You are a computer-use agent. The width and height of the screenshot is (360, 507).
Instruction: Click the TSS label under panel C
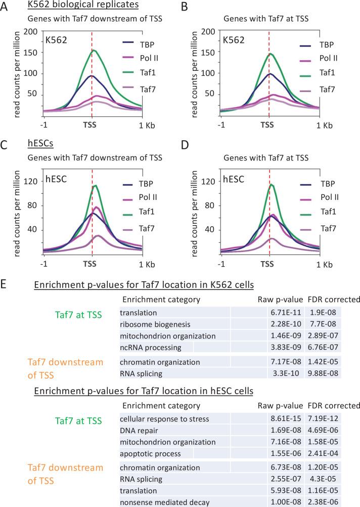[x=90, y=264]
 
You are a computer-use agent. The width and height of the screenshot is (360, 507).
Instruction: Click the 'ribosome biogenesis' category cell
[x=154, y=325]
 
